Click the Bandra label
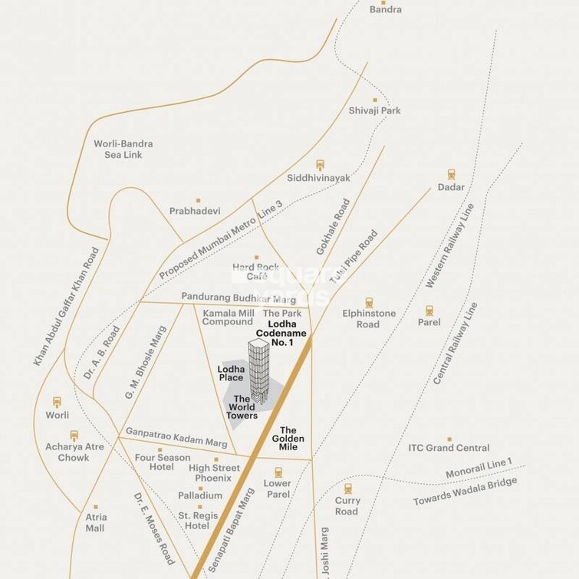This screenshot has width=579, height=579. [385, 10]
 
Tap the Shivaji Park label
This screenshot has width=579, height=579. [375, 110]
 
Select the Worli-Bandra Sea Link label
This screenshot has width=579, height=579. [123, 149]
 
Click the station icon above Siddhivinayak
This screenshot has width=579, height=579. [320, 164]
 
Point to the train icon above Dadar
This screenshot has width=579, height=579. [452, 174]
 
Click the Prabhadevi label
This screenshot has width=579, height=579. [195, 211]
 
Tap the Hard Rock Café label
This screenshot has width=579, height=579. [252, 271]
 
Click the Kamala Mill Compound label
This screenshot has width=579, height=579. [228, 317]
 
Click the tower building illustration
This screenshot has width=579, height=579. [259, 372]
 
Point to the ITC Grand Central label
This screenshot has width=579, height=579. [449, 448]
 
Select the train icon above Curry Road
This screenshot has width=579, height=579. [347, 489]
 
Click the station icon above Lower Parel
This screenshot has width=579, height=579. [278, 472]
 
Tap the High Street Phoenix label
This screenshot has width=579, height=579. [213, 472]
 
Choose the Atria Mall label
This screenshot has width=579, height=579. [95, 522]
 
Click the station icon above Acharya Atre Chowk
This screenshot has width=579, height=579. [74, 436]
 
